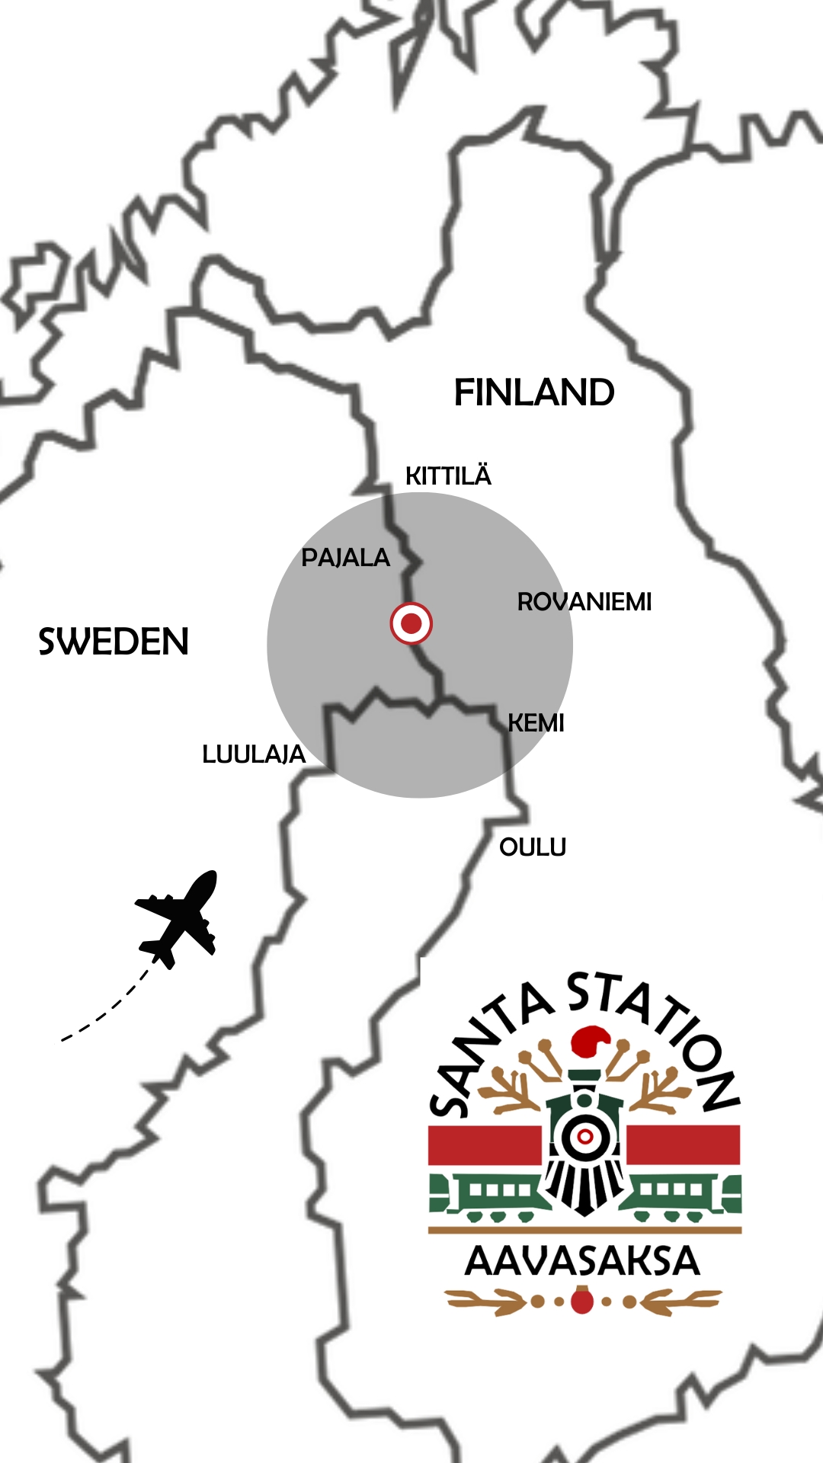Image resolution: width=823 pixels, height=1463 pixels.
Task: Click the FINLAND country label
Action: click(x=533, y=393)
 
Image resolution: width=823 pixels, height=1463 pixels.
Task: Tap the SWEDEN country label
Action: click(x=114, y=642)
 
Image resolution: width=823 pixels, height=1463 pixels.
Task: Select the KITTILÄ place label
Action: click(x=448, y=476)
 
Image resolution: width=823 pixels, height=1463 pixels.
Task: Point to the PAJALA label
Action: click(x=345, y=558)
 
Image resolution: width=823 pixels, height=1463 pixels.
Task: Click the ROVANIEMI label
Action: click(x=584, y=602)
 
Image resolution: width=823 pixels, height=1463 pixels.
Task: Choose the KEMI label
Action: click(x=536, y=723)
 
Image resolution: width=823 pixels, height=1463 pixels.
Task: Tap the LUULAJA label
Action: click(x=254, y=754)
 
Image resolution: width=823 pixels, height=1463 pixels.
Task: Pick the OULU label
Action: click(x=533, y=847)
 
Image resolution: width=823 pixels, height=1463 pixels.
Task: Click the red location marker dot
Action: click(x=411, y=623)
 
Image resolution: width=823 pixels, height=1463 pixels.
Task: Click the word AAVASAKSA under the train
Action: click(x=582, y=1262)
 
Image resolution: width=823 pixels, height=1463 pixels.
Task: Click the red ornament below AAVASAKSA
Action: click(x=582, y=1300)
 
